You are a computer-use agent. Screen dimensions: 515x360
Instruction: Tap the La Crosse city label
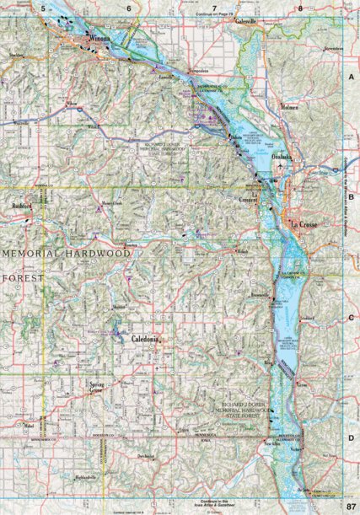pos(304,224)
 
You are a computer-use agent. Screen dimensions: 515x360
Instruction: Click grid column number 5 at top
pos(42,7)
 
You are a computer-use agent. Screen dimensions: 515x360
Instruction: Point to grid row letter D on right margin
pos(350,438)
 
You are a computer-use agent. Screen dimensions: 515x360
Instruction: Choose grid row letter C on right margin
pos(350,318)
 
